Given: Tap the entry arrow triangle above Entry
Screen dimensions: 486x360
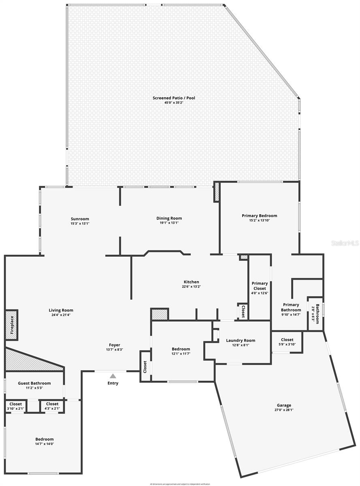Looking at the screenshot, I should [x=113, y=376].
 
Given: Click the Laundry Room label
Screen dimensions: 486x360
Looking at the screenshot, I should [x=241, y=340].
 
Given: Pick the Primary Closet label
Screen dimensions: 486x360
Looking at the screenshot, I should [x=260, y=286].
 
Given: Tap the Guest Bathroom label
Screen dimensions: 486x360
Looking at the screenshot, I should [x=34, y=383].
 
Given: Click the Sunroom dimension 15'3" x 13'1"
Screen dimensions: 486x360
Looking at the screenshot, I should [x=80, y=223].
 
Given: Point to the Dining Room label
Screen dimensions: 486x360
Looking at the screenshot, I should [x=169, y=218].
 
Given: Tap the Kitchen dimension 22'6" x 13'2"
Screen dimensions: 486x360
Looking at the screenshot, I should [x=192, y=286].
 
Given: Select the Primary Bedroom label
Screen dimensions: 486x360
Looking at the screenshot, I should [x=260, y=216].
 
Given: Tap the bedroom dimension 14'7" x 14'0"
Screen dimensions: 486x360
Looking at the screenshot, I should [x=45, y=443].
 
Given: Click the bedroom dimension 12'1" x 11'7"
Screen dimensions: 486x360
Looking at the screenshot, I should [x=181, y=354].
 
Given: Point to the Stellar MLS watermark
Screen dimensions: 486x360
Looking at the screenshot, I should [x=345, y=243].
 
